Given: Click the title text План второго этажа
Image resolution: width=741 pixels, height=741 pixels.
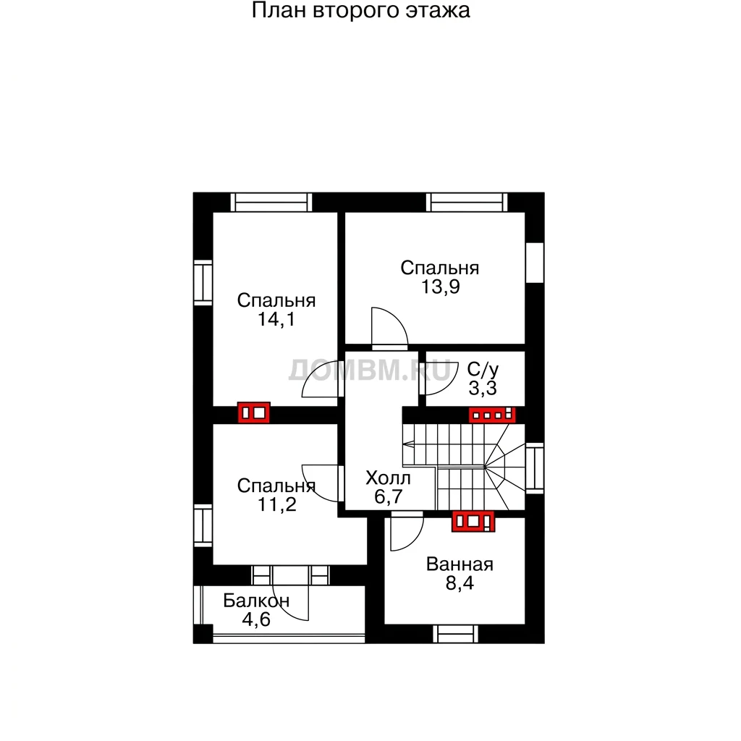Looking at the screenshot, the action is (x=360, y=11).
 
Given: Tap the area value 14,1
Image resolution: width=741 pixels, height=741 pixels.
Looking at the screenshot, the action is (x=276, y=319).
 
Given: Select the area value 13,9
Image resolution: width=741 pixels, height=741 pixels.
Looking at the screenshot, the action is (x=441, y=287).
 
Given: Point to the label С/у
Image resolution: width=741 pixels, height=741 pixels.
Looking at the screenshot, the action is (x=483, y=370).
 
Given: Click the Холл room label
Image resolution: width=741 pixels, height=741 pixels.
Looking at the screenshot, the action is (x=388, y=478).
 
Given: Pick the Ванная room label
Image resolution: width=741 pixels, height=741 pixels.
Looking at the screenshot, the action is (x=460, y=564).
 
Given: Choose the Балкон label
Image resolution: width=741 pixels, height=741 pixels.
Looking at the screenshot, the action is (x=256, y=601).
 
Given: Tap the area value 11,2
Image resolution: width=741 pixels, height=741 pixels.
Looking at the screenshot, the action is (x=277, y=504).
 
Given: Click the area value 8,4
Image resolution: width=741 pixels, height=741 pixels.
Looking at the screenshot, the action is (x=460, y=583).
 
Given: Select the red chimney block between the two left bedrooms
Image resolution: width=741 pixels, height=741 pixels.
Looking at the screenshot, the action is (x=254, y=412).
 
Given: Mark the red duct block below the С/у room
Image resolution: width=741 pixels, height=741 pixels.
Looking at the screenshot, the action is (x=492, y=415).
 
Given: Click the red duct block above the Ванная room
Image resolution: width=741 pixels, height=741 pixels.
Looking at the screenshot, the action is (x=473, y=521).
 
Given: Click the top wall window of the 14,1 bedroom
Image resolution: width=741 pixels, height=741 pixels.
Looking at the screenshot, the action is (x=271, y=203).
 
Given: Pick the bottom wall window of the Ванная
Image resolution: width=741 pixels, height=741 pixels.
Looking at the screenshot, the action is (x=456, y=634).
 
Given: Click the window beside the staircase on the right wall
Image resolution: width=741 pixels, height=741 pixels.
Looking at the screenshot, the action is (x=535, y=468).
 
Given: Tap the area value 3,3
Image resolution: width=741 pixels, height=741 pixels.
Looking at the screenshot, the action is (x=483, y=389).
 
